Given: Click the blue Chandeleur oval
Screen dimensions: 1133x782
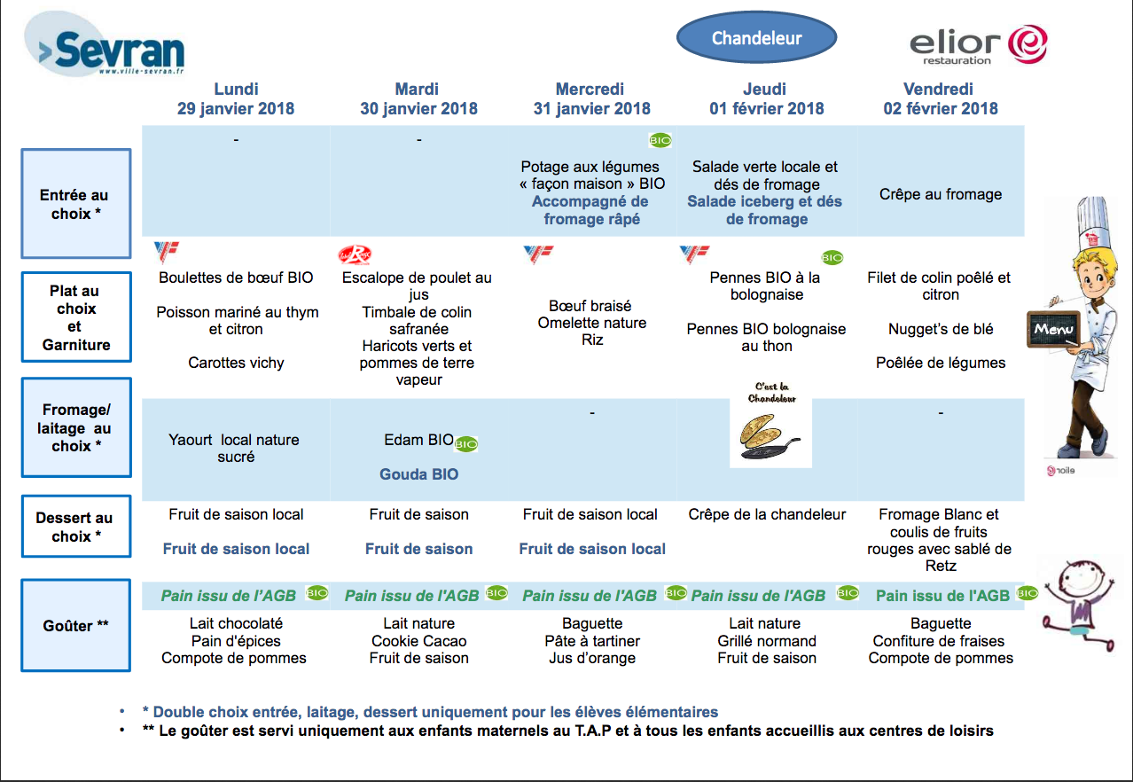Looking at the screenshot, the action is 757,37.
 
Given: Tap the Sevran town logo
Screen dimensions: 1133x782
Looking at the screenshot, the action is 105,45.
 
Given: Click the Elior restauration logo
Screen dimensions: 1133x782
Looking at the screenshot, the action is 978,44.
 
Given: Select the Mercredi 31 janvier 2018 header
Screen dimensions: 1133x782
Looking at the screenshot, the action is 590,98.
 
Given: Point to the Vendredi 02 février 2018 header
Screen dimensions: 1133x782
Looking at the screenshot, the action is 940,98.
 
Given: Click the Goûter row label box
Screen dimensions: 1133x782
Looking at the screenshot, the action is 76,625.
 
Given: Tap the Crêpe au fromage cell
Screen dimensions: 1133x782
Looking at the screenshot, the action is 941,194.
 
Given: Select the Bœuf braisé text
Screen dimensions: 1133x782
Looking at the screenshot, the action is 590,306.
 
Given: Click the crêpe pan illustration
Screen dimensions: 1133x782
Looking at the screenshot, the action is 770,436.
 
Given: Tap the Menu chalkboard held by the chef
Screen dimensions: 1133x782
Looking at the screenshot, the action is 1054,329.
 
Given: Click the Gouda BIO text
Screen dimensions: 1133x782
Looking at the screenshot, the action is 418,474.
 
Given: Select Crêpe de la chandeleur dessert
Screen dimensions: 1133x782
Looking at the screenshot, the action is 767,514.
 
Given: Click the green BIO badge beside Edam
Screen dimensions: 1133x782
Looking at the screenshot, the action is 465,444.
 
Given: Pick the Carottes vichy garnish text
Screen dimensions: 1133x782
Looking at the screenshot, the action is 236,363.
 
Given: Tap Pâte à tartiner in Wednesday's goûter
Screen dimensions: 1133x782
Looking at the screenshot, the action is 592,641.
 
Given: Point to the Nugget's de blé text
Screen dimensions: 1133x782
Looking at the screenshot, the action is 941,329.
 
